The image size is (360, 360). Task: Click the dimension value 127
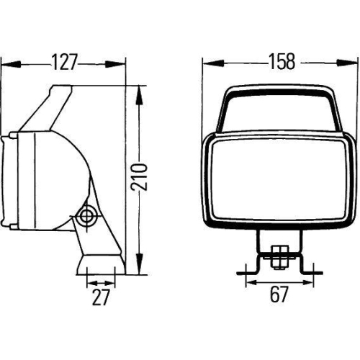point(66,63)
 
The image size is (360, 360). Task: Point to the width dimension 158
point(280,62)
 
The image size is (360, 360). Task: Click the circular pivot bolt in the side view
point(88,215)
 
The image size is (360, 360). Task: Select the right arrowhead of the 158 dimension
point(353,63)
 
